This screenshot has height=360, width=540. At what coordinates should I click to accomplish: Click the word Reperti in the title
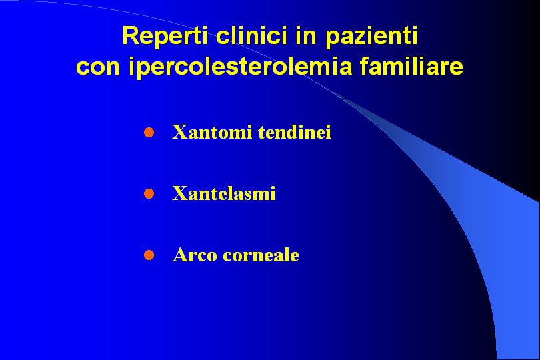pyautogui.click(x=165, y=36)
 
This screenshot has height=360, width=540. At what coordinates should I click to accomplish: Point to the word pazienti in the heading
pyautogui.click(x=371, y=36)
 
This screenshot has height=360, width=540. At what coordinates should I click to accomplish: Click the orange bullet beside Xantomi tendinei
pyautogui.click(x=149, y=132)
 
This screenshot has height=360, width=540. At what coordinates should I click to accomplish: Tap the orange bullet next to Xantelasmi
pyautogui.click(x=149, y=193)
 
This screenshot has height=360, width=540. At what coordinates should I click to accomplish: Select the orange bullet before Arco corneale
pyautogui.click(x=149, y=255)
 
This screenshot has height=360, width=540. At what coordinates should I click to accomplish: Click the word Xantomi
pyautogui.click(x=212, y=132)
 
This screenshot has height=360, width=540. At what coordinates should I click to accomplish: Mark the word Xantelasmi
pyautogui.click(x=224, y=193)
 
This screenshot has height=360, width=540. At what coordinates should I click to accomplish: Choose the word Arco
pyautogui.click(x=195, y=255)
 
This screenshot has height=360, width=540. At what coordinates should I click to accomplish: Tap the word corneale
pyautogui.click(x=261, y=255)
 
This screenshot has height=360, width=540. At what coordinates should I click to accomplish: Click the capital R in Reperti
pyautogui.click(x=131, y=35)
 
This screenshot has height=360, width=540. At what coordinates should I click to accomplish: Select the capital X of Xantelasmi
pyautogui.click(x=179, y=193)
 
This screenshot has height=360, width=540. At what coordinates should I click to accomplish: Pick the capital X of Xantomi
pyautogui.click(x=179, y=132)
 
